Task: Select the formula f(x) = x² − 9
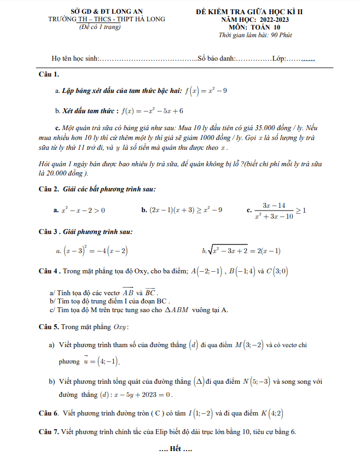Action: click(206, 90)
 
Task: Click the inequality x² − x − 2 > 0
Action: click(83, 209)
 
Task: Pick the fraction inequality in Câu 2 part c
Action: click(277, 210)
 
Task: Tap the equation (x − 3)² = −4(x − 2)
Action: click(96, 251)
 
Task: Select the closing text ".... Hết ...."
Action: click(175, 449)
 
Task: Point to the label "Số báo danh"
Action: click(217, 58)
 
